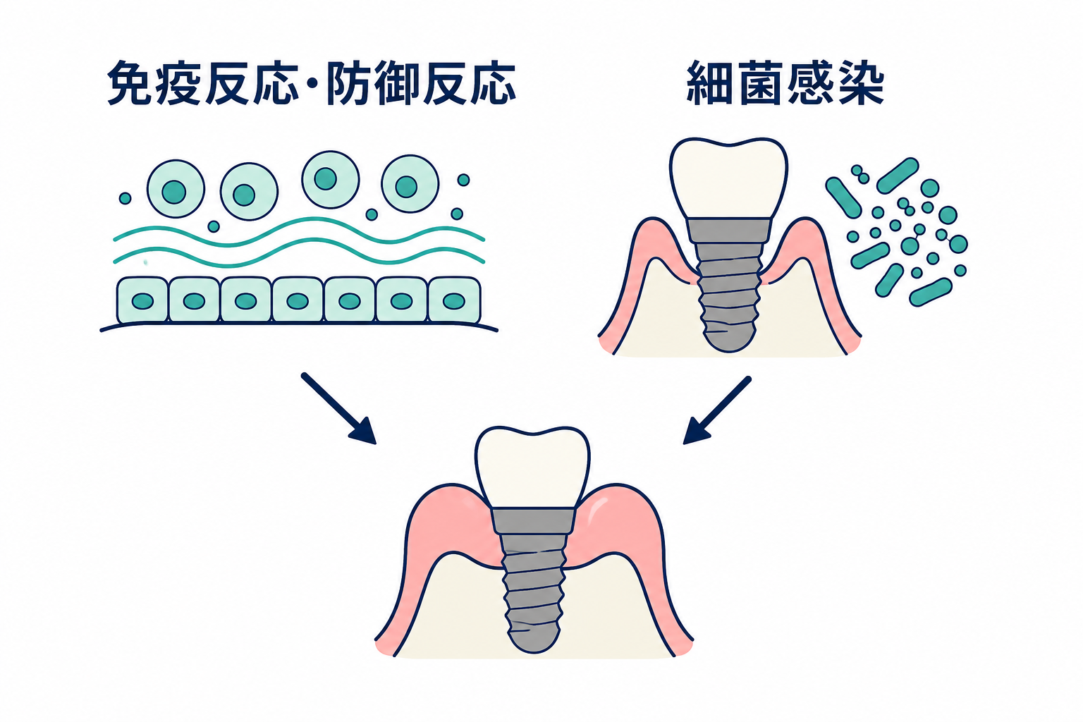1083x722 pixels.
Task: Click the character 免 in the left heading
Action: (x=130, y=82)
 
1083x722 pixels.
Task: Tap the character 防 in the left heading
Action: (x=350, y=82)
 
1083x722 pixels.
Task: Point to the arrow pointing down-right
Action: (x=338, y=408)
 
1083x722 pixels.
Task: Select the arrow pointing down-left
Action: (x=717, y=410)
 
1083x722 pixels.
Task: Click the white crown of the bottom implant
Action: (x=532, y=467)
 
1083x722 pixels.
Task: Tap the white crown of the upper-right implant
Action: (x=728, y=179)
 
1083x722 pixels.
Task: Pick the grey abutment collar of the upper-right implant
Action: (x=729, y=231)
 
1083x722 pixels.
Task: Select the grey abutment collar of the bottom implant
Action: (x=533, y=521)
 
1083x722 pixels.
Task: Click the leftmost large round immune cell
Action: (x=176, y=189)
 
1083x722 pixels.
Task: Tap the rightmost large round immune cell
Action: (x=410, y=184)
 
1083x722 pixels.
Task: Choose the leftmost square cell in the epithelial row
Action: (x=142, y=300)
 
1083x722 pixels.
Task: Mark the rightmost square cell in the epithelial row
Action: (x=455, y=300)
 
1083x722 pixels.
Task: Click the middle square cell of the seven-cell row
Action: (x=298, y=300)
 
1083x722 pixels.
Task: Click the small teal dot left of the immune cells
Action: (x=126, y=198)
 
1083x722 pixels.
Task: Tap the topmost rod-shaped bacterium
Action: (x=898, y=176)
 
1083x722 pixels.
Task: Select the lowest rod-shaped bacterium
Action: (x=931, y=292)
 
